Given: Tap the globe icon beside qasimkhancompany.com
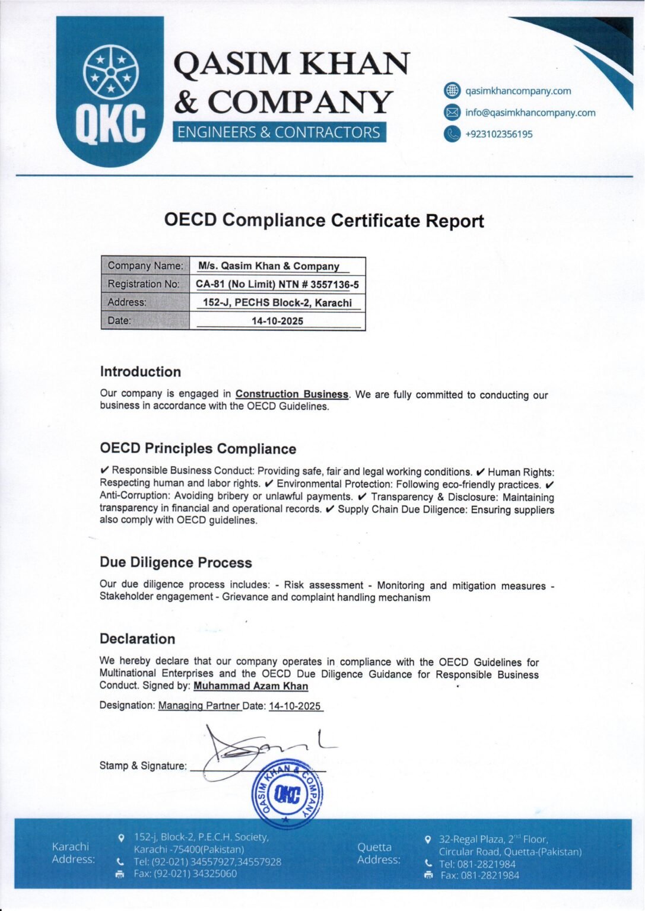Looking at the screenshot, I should (x=452, y=91).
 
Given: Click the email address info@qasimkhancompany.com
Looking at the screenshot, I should (x=530, y=113).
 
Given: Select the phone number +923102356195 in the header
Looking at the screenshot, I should (x=498, y=134).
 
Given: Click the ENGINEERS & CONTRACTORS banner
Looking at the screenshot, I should (x=279, y=132).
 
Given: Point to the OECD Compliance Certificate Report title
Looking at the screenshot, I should (x=324, y=221).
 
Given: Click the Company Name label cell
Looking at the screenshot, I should (x=145, y=266).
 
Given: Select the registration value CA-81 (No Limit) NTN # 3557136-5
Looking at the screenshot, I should (x=277, y=284).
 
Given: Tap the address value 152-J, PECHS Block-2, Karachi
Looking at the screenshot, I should (x=277, y=302).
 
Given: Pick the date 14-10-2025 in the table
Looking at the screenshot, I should (x=277, y=321).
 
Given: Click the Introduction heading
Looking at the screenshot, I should (x=141, y=372).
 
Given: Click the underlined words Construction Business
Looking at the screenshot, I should (x=292, y=394).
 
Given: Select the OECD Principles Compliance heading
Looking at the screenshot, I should (x=198, y=449).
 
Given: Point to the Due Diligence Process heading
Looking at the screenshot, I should (x=176, y=562).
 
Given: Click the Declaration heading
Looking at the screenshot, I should (x=137, y=639).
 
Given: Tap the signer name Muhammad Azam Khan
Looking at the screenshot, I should (x=251, y=686).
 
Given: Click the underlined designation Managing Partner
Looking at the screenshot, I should (x=199, y=706).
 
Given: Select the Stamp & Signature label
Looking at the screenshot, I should (x=143, y=766).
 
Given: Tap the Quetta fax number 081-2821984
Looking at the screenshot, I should (x=480, y=875).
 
